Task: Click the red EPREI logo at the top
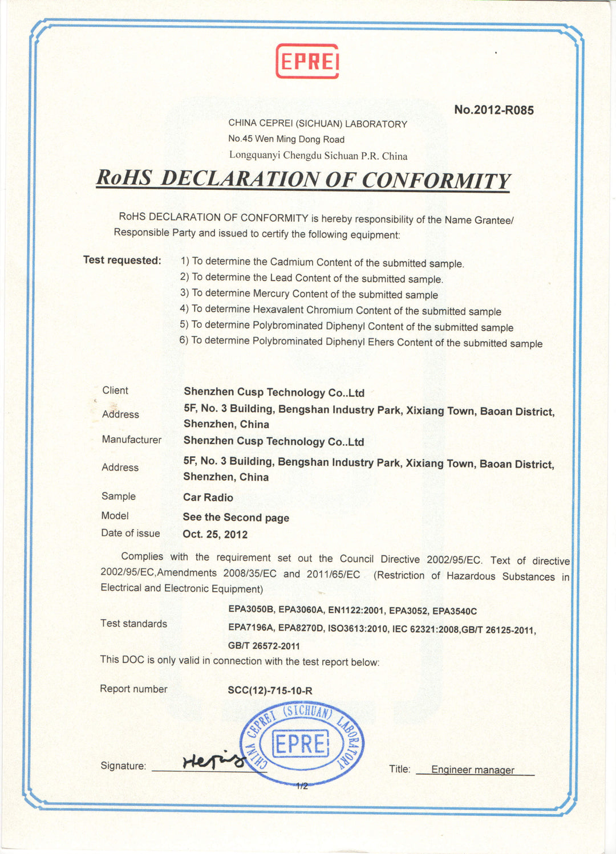[307, 61]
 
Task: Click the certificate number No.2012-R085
[494, 110]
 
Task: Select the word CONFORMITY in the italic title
[436, 180]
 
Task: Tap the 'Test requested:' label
[122, 261]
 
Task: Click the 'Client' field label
[115, 391]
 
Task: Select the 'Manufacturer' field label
[132, 440]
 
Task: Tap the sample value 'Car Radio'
[208, 498]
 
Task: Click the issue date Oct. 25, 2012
[215, 535]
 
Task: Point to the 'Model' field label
[115, 516]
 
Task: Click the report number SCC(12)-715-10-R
[270, 691]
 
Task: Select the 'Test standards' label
[133, 624]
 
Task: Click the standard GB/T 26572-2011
[264, 646]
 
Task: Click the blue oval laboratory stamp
[302, 743]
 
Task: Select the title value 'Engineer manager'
[472, 770]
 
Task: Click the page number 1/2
[302, 786]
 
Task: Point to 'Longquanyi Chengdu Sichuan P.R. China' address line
[318, 156]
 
